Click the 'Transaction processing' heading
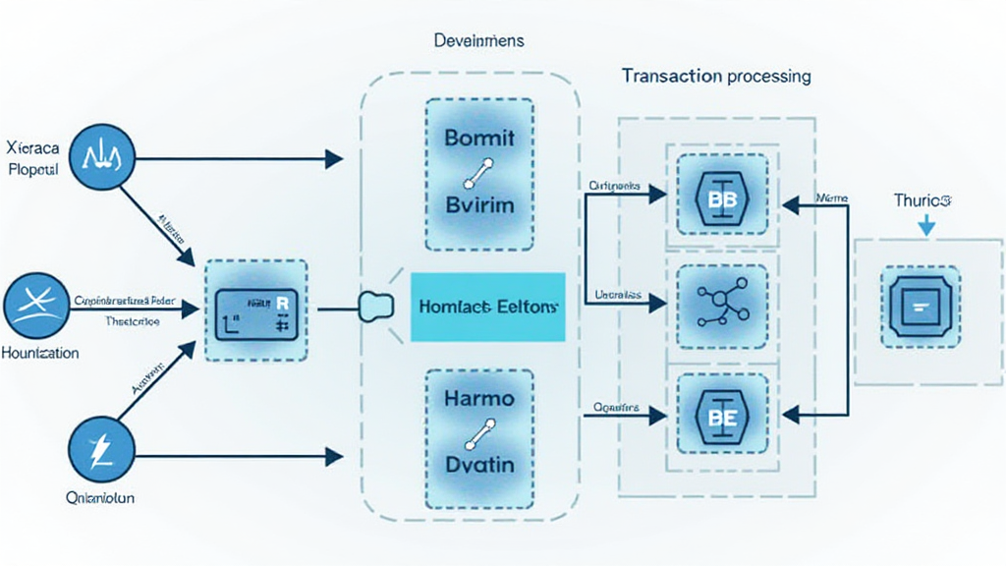(x=716, y=75)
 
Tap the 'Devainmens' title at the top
(x=478, y=41)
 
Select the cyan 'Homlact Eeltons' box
(x=486, y=307)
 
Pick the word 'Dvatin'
(x=479, y=465)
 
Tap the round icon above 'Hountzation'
(x=37, y=307)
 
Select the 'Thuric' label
(x=922, y=200)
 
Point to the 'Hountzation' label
(x=41, y=352)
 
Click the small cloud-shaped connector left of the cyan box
(x=375, y=307)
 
